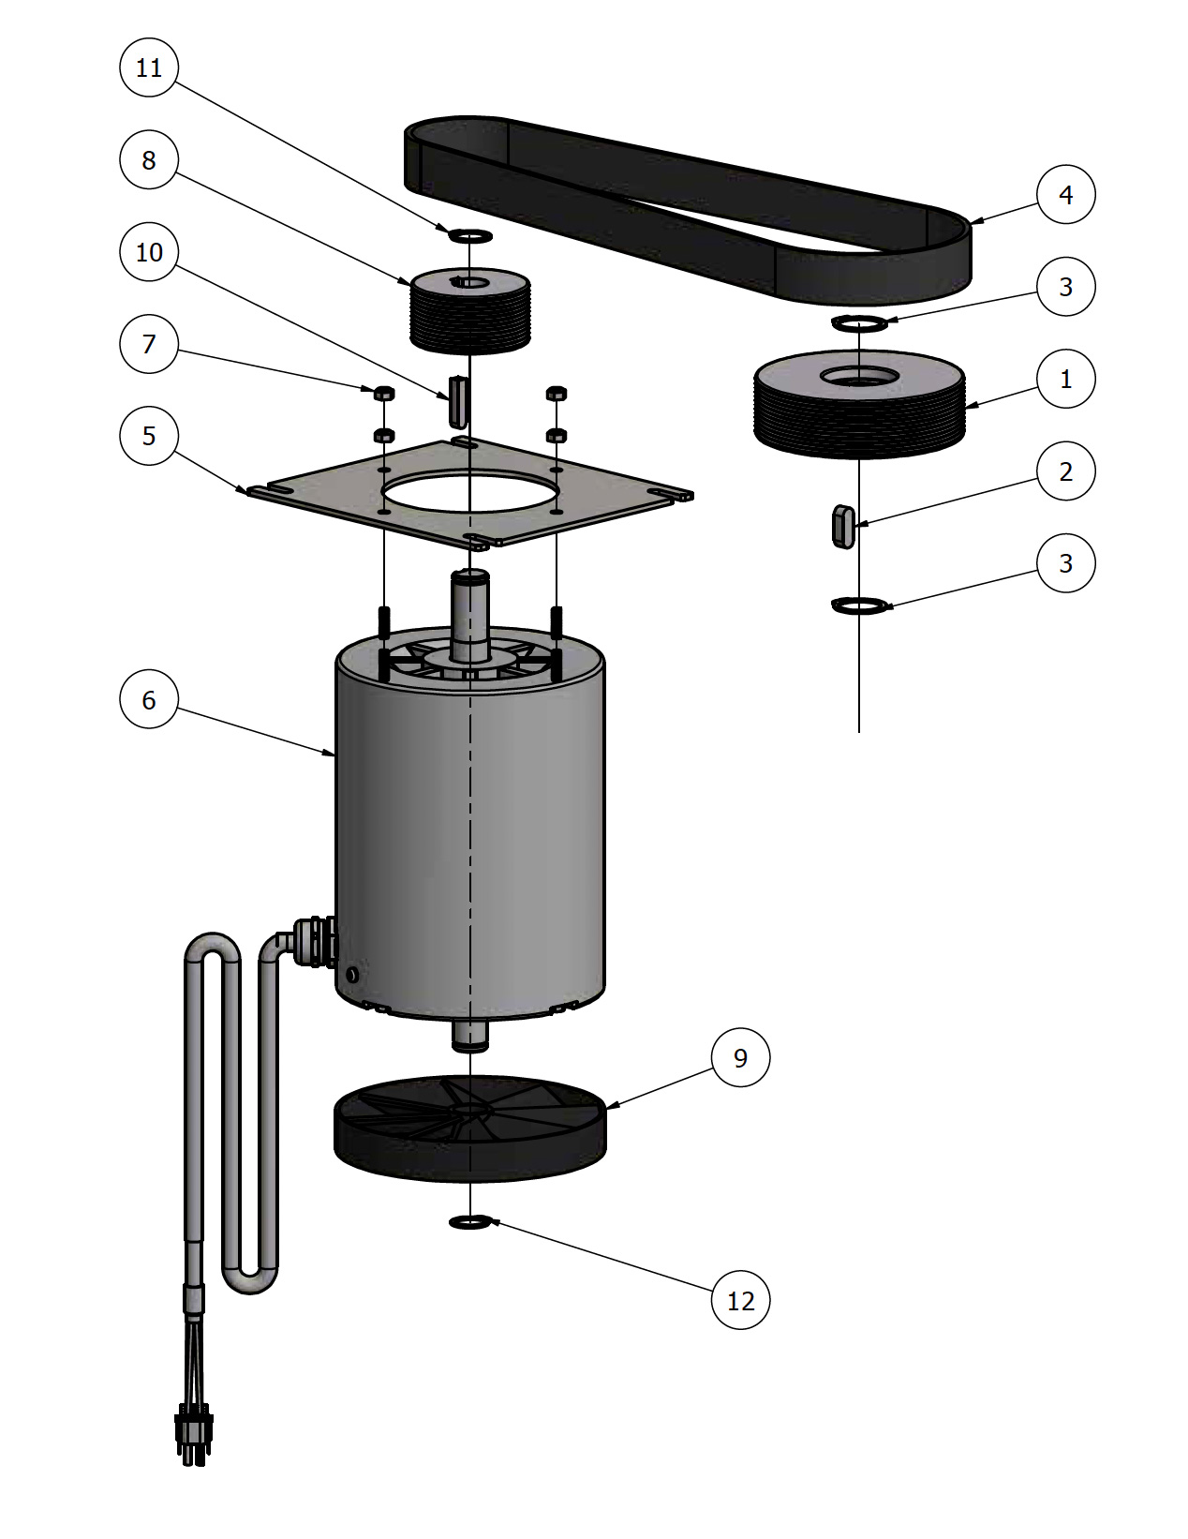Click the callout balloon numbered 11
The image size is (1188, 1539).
click(x=149, y=67)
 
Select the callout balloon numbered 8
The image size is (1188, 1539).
click(x=149, y=160)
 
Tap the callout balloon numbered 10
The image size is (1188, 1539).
click(x=149, y=252)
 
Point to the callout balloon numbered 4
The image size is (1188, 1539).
click(x=1065, y=195)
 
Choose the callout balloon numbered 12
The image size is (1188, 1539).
click(x=740, y=1300)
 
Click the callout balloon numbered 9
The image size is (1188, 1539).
click(x=740, y=1057)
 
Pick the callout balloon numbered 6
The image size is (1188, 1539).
click(x=149, y=700)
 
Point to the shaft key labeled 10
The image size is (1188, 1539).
click(x=457, y=401)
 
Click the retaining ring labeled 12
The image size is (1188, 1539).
click(x=470, y=1221)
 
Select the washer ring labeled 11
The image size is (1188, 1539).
click(x=470, y=234)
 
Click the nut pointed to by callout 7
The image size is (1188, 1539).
click(x=383, y=393)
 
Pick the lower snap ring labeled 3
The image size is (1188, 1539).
click(x=859, y=605)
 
